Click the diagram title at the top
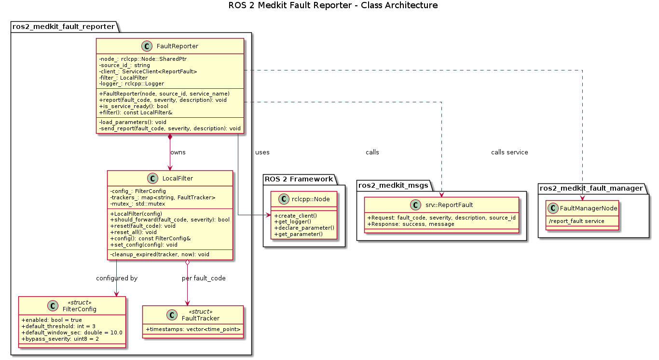329,6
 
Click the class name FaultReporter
178,46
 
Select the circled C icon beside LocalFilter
153,179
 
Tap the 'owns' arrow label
178,152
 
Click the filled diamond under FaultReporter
170,138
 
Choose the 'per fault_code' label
204,278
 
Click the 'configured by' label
117,278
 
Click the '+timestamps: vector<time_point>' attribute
193,329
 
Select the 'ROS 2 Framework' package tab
299,180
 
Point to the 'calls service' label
509,152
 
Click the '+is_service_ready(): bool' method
134,106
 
